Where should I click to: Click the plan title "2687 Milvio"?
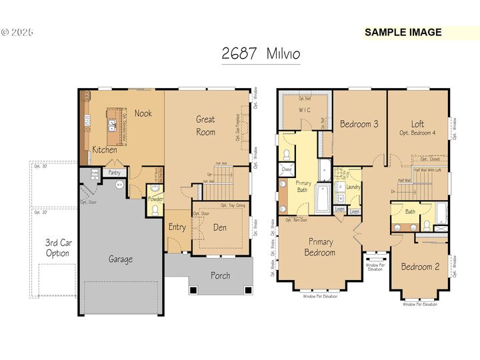[x=261, y=54]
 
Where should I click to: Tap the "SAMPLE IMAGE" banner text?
[x=403, y=32]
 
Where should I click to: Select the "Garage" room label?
[x=121, y=259]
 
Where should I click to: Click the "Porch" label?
[x=220, y=275]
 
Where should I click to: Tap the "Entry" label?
[x=177, y=227]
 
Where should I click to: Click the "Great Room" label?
[x=205, y=125]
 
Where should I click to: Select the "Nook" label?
[x=143, y=113]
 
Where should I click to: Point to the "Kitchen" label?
[x=105, y=149]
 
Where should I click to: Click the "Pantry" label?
[x=115, y=173]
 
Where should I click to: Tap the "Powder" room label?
[x=155, y=198]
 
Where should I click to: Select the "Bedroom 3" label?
[x=359, y=124]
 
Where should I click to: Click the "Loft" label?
[x=417, y=123]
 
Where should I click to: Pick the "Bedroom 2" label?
[x=420, y=267]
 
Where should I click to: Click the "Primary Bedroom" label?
[x=320, y=247]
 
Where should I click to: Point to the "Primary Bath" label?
[x=303, y=187]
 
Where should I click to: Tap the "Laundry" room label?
[x=353, y=187]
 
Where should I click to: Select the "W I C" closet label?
[x=305, y=110]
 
